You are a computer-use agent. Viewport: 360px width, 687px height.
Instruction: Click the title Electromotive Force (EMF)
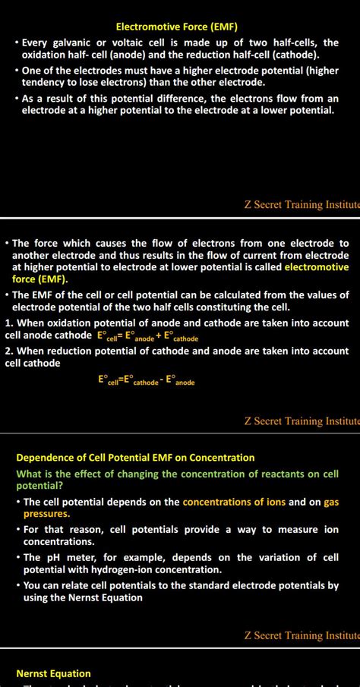tap(176, 27)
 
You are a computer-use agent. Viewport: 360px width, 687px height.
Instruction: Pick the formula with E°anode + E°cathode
tap(147, 336)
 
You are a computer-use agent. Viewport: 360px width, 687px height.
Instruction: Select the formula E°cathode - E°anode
tap(147, 380)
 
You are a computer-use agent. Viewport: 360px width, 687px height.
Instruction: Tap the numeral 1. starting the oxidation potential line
tap(8, 323)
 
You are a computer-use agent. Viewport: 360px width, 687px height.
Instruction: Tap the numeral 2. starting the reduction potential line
tap(8, 351)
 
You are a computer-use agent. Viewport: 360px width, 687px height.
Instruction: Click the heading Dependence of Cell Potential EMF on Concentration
tap(135, 458)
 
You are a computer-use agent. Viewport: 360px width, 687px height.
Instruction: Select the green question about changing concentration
tap(177, 479)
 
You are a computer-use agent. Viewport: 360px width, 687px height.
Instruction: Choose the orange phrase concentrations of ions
tap(235, 502)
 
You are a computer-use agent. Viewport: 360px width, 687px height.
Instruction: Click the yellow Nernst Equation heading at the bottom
tap(53, 673)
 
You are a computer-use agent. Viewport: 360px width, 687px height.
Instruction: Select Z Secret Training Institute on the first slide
tap(302, 204)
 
